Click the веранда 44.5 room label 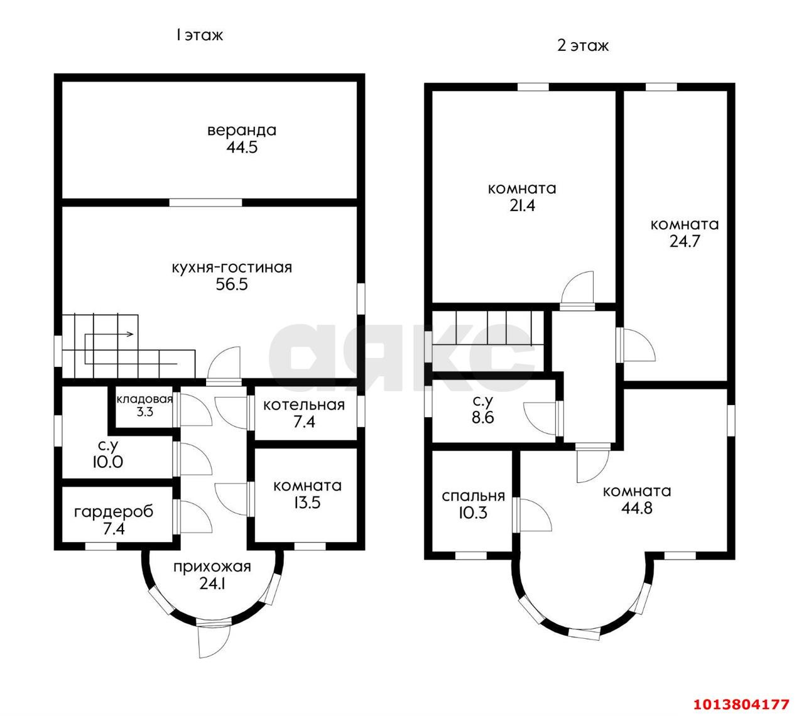click(242, 139)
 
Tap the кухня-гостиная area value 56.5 click(232, 284)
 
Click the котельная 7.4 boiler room click(304, 413)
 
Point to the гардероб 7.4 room click(114, 520)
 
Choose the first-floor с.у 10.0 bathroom click(107, 454)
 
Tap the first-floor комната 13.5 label click(308, 494)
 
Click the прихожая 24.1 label click(212, 575)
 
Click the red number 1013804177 click(741, 704)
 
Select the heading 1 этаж click(199, 35)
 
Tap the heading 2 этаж click(582, 46)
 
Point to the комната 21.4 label click(522, 197)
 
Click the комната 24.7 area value click(685, 241)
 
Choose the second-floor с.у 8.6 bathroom click(482, 410)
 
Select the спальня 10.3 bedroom click(473, 504)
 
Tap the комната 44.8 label click(637, 500)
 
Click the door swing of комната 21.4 click(578, 288)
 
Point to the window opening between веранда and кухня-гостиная click(205, 202)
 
